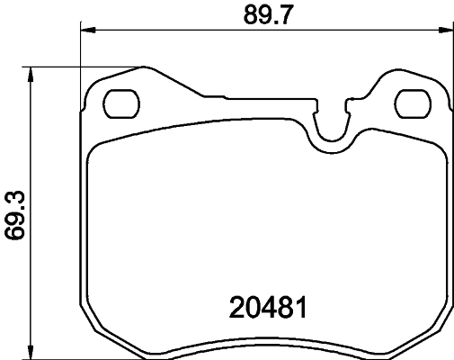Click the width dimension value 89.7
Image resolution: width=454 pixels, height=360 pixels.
[266, 14]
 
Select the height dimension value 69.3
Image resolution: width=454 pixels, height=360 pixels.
[13, 212]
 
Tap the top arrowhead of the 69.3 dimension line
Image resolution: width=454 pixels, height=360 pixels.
[32, 72]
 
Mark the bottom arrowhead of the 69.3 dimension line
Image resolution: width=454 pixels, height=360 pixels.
[32, 352]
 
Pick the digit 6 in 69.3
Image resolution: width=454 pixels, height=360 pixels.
[13, 235]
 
